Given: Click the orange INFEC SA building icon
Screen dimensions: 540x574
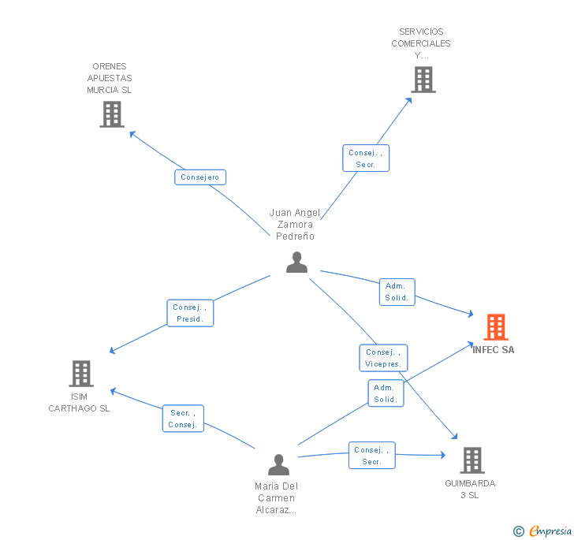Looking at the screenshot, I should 495,326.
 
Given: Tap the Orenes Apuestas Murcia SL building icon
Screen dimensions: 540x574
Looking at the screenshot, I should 112,114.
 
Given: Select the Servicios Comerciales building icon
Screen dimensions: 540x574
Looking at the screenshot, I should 423,80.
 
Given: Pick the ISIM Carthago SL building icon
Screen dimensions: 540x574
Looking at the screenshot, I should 81,374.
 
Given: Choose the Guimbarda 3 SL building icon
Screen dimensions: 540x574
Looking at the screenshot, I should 471,460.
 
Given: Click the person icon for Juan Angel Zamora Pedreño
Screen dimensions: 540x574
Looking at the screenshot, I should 296,262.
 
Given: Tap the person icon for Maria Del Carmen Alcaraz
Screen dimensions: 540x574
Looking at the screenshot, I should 278,464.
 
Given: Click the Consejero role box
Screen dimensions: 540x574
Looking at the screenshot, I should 200,177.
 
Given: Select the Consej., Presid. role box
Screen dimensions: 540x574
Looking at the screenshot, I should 190,313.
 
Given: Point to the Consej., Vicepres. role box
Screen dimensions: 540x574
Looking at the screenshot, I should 384,358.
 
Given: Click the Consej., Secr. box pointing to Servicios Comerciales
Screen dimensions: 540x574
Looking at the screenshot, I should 366,158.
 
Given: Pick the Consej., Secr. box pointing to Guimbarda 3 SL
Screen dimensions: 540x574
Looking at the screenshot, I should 372,456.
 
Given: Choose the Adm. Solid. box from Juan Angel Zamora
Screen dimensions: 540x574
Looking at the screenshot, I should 397,292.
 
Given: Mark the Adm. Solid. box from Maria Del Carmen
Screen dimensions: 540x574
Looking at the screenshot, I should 386,393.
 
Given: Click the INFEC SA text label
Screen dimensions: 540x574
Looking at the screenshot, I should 494,350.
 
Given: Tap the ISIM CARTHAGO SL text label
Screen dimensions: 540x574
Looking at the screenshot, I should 79,402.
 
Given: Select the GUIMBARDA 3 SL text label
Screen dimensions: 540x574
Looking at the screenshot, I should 470,489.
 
